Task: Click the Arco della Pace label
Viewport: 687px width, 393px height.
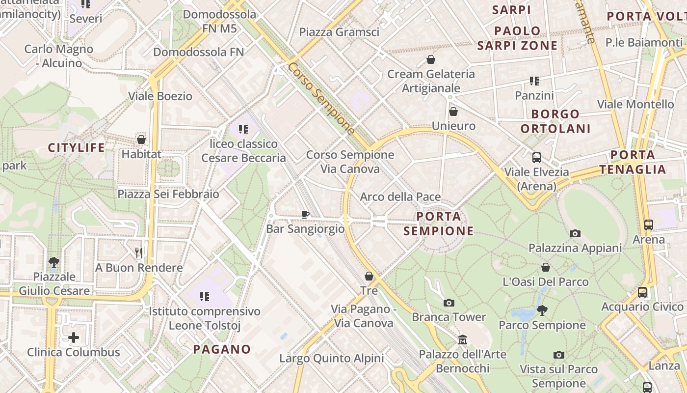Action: point(400,197)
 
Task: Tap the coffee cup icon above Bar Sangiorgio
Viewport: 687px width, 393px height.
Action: point(305,214)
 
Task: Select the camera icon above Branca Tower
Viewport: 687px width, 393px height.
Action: point(449,303)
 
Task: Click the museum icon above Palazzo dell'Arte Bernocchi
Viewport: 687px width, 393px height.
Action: point(462,339)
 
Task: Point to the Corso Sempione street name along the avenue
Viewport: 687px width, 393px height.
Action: point(321,98)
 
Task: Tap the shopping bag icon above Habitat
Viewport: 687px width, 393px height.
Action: point(141,140)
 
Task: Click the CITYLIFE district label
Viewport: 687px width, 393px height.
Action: point(77,147)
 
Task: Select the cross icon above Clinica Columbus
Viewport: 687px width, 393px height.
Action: point(73,337)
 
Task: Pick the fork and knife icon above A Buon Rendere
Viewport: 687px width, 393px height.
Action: point(139,253)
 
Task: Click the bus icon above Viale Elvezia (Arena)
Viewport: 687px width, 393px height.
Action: point(537,158)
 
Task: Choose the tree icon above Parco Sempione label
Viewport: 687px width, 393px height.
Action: point(542,310)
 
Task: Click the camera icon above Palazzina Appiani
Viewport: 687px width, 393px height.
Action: point(575,233)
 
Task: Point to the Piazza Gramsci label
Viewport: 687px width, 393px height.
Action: point(339,32)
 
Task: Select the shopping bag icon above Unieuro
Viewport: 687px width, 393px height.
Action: point(453,112)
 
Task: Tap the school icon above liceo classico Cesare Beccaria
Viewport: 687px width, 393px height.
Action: point(243,129)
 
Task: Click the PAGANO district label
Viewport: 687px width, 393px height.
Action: point(222,349)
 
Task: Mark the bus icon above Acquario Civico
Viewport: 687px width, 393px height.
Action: point(642,292)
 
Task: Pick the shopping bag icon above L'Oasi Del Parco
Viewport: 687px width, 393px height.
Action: point(545,267)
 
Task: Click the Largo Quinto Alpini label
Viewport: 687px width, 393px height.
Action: point(331,358)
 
